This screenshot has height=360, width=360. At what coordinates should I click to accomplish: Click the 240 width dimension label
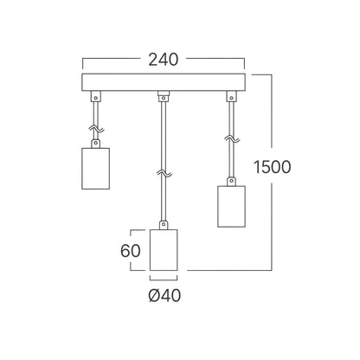click(x=164, y=60)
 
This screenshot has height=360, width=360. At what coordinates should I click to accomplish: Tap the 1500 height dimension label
click(x=272, y=167)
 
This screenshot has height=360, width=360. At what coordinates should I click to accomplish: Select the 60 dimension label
click(x=131, y=250)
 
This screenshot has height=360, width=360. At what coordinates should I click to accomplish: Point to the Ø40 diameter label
click(x=164, y=295)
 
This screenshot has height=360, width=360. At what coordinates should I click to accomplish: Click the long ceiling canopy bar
click(x=164, y=82)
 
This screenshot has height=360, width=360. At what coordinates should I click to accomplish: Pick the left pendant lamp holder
click(x=96, y=169)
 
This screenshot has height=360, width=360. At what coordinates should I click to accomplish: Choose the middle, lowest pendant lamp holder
click(x=164, y=250)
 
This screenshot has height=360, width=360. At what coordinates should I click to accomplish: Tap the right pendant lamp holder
click(x=231, y=206)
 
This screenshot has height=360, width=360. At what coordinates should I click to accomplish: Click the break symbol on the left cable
click(x=96, y=129)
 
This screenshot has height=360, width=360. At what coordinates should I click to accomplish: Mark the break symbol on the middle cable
click(x=164, y=173)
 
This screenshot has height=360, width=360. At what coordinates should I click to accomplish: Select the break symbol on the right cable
click(x=232, y=138)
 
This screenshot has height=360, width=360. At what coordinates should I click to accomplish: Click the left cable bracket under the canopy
click(x=96, y=96)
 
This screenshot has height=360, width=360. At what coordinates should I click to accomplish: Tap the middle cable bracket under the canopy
click(x=164, y=96)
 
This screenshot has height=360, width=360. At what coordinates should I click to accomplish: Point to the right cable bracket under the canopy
click(x=231, y=96)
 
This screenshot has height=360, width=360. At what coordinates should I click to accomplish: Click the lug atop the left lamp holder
click(x=96, y=144)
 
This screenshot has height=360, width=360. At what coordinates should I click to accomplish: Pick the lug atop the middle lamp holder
click(x=164, y=225)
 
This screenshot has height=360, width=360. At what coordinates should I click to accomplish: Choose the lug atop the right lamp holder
click(x=231, y=182)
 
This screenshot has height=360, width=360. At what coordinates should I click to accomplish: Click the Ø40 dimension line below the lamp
click(x=164, y=280)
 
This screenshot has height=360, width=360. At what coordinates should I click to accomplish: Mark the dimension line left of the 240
click(x=111, y=59)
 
